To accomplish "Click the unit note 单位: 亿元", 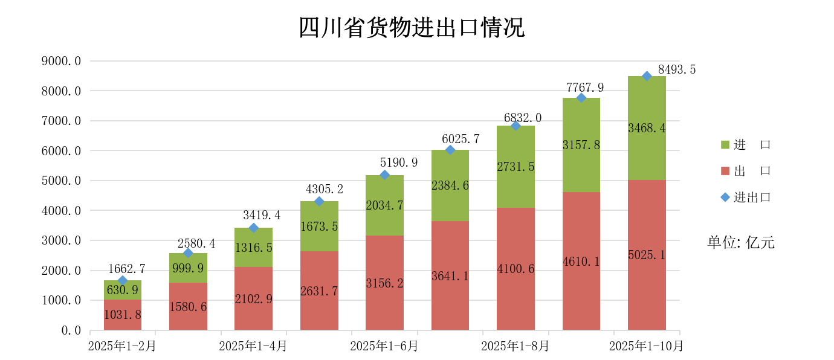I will (x=740, y=243).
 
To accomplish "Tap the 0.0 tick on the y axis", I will (x=70, y=330).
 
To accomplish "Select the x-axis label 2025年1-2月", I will (x=122, y=347).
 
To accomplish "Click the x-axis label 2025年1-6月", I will (x=384, y=347).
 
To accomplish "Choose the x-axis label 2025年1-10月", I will (x=646, y=347).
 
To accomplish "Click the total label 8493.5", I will (x=677, y=69).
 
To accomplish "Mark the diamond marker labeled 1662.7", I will (x=123, y=281).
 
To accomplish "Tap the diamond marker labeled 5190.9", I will (x=384, y=175).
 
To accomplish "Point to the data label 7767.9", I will (x=584, y=88).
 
